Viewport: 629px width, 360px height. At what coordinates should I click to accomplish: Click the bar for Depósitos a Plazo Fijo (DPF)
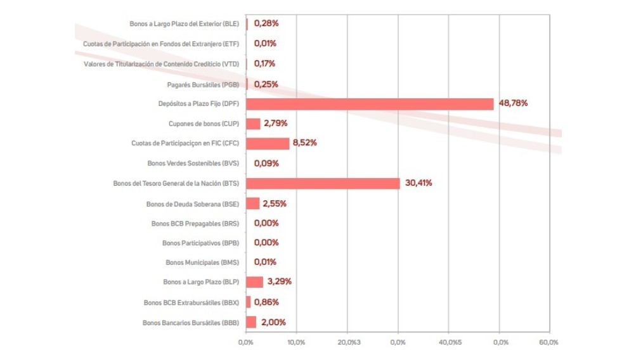click(369, 104)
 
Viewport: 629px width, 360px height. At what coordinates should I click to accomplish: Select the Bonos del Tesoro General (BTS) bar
click(322, 183)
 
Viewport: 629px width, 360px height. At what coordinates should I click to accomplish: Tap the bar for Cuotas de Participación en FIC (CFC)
click(267, 143)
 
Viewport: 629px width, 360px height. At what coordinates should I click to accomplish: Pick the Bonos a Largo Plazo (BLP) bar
click(254, 282)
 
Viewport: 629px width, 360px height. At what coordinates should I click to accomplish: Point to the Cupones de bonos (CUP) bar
click(252, 124)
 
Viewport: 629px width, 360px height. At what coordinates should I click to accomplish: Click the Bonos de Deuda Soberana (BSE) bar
click(252, 203)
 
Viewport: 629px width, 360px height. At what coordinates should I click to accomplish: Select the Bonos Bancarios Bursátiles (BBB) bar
click(250, 322)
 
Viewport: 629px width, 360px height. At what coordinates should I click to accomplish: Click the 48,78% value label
click(514, 103)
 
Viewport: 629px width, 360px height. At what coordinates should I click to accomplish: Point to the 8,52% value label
click(304, 143)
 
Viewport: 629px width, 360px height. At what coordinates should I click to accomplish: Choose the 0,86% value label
click(266, 302)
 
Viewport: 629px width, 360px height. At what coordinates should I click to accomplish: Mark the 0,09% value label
click(266, 163)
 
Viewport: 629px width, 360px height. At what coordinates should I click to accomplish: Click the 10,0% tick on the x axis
click(296, 342)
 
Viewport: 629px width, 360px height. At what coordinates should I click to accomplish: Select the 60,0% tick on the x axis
click(549, 342)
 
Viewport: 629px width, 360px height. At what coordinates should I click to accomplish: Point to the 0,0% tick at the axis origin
click(245, 342)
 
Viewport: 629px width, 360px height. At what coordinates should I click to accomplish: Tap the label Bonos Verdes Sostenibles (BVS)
click(193, 164)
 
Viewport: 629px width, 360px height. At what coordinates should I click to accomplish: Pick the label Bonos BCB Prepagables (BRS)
click(195, 223)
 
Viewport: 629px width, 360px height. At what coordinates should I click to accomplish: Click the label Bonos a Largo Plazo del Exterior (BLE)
click(184, 24)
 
